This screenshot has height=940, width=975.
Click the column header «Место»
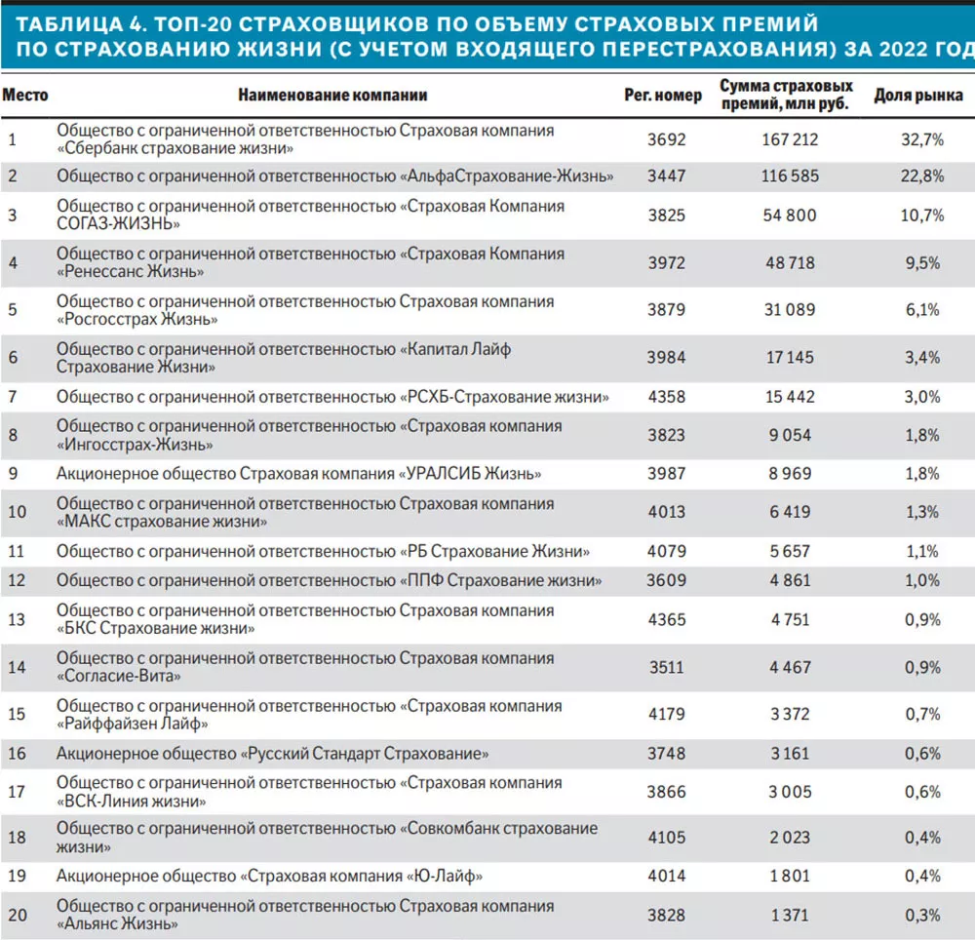25,96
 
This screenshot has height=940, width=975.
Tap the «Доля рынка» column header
918,96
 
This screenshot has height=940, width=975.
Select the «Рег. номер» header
663,96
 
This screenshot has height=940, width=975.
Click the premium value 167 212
790,139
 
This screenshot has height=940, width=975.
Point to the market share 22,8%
922,176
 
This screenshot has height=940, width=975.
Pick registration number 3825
667,215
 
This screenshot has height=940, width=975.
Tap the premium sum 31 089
790,310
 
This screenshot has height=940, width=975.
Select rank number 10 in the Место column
17,512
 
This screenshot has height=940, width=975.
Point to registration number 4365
667,619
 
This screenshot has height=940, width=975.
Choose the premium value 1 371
790,915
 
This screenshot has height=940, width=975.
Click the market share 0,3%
922,915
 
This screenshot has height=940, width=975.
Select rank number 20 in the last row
18,915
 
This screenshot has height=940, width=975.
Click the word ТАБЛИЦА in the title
69,24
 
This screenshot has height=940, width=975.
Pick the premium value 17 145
790,358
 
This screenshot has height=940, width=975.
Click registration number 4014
667,876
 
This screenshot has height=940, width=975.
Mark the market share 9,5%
922,263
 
